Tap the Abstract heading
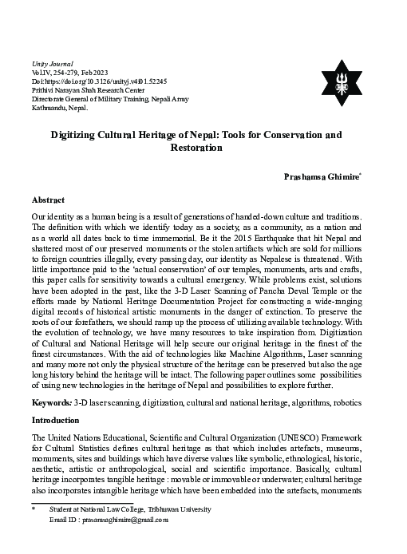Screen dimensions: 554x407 [x=48, y=200]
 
